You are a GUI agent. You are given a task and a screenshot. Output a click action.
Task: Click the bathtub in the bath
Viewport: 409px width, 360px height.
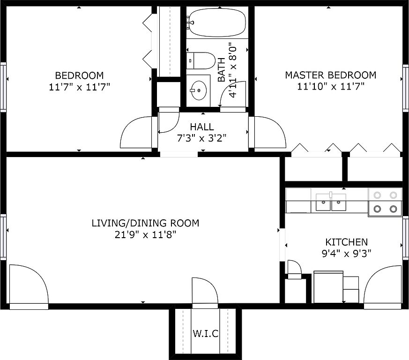click(x=217, y=22)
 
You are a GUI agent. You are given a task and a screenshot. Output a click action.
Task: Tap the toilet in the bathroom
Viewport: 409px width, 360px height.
click(x=201, y=60)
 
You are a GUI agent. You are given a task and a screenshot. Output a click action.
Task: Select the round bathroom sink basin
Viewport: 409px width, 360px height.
click(x=199, y=90)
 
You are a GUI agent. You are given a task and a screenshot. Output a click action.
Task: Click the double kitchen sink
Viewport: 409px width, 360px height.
click(x=331, y=202)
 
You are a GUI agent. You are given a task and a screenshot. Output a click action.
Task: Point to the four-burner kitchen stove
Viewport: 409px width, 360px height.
click(x=385, y=202)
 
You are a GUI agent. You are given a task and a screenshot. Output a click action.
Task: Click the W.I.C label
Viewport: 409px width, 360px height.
click(x=206, y=333)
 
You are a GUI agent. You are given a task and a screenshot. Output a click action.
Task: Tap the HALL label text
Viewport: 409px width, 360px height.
click(x=202, y=127)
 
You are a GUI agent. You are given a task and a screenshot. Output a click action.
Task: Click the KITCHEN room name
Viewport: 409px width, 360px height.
click(x=346, y=242)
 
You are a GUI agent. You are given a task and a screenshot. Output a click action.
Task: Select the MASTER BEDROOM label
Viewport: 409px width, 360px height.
click(x=330, y=75)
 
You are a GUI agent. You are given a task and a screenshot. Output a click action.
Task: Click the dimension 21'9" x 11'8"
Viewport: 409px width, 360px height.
click(x=146, y=235)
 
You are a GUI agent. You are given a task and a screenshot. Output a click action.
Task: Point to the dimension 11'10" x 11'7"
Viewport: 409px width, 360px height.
click(x=331, y=86)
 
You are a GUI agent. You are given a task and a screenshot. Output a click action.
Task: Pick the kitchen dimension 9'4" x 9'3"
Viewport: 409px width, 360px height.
click(x=346, y=253)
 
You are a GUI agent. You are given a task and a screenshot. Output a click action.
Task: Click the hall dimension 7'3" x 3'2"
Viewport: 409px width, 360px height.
click(x=201, y=138)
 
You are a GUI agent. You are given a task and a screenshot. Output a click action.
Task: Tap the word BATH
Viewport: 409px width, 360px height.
click(x=222, y=70)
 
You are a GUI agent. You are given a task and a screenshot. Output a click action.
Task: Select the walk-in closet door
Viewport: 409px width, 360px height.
click(x=205, y=291)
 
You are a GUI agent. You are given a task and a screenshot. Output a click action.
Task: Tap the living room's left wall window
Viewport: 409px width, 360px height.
click(x=3, y=237)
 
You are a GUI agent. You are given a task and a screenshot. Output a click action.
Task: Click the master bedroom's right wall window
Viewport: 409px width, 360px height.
click(x=406, y=88)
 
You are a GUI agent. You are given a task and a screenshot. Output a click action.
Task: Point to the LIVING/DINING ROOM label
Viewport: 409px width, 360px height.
click(x=146, y=223)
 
